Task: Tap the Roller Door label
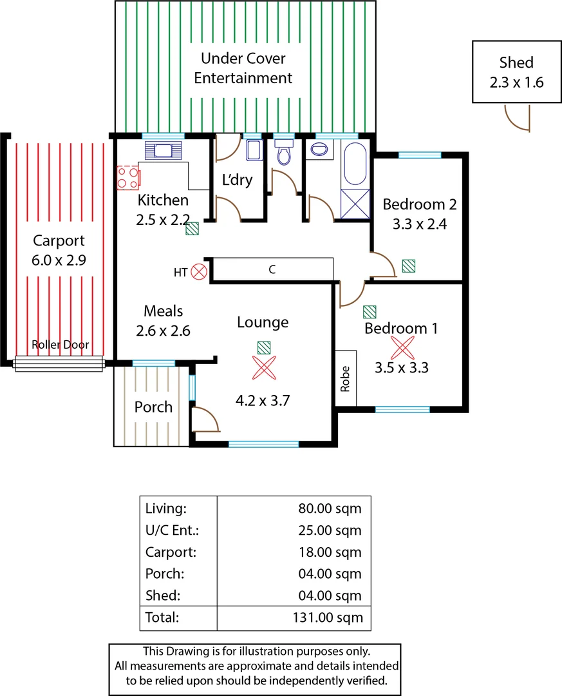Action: (x=60, y=345)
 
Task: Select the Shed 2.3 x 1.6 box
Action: (x=516, y=72)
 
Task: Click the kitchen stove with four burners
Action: (x=127, y=177)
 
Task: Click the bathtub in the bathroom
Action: (x=355, y=164)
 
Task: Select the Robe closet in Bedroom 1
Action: (x=346, y=378)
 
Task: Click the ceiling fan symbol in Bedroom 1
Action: (x=402, y=349)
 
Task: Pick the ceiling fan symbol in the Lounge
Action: (x=263, y=368)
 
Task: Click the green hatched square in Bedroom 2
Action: (x=408, y=266)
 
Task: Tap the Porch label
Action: (x=153, y=407)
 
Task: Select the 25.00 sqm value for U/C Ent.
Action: (x=333, y=530)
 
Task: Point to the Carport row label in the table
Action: (x=171, y=552)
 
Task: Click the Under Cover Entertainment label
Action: (x=243, y=68)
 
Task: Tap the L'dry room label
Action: (x=237, y=180)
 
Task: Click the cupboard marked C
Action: (x=272, y=269)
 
